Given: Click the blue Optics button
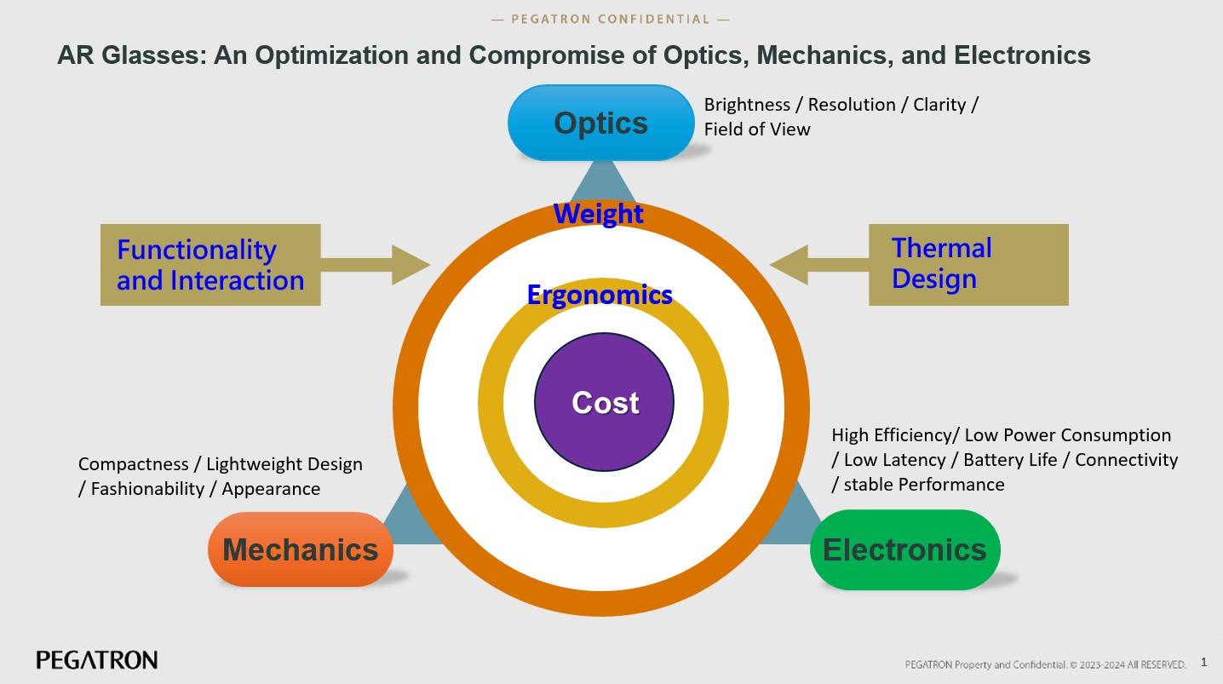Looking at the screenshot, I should [601, 124].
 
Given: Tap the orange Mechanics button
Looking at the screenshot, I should [300, 549].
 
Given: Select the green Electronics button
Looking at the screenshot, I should [904, 549].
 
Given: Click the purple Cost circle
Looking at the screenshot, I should [605, 402].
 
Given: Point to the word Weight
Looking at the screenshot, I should [599, 213].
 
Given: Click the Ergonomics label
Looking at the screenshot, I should [600, 295].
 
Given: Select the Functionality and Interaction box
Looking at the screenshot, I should [210, 265].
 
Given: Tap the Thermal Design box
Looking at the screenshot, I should [967, 264].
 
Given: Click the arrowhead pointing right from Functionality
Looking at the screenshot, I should [411, 264].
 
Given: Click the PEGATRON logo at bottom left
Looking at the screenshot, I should [97, 660].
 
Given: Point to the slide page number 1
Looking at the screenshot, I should [1203, 661].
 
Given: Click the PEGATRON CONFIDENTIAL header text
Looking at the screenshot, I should [611, 19].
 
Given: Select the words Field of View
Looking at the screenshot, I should [757, 129].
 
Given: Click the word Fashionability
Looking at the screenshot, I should [144, 489].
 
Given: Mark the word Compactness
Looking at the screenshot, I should [133, 464].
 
